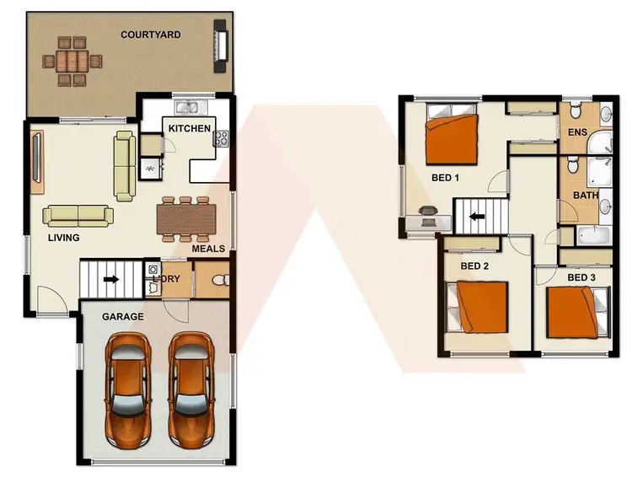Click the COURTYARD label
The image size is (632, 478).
(x=151, y=35)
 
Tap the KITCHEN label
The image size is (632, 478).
(x=190, y=128)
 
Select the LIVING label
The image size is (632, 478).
(x=63, y=238)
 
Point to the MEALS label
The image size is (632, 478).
(x=208, y=249)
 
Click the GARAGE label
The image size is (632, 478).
(x=122, y=317)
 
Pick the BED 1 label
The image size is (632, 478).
(x=445, y=178)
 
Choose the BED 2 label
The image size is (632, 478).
(x=474, y=266)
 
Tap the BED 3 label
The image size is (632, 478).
(x=581, y=277)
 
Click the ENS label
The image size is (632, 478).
(x=577, y=132)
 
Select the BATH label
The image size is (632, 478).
(x=586, y=196)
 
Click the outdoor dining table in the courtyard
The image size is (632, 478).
(x=72, y=61)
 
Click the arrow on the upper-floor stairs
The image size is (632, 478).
(x=477, y=216)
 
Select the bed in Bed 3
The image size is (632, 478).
(x=576, y=311)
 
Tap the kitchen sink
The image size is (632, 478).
(x=190, y=107)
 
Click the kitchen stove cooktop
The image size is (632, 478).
(x=222, y=137)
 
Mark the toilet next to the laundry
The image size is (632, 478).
(x=218, y=280)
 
